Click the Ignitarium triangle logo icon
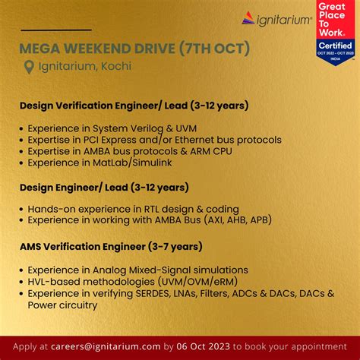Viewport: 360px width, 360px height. click(x=251, y=18)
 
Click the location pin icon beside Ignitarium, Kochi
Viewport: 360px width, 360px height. click(x=29, y=67)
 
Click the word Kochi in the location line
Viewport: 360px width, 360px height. click(x=115, y=67)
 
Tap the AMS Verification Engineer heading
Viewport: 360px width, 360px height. click(x=110, y=245)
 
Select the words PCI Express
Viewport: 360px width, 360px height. click(x=127, y=140)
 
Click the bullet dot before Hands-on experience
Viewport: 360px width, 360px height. click(x=21, y=209)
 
